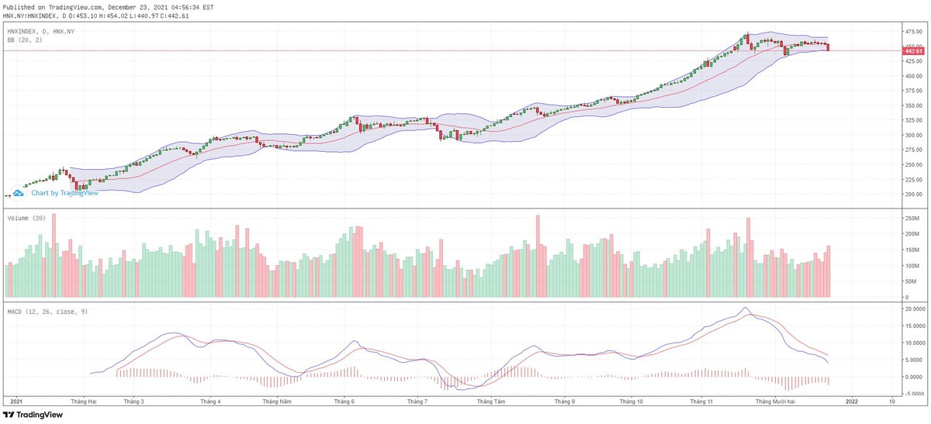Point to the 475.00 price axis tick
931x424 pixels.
pos(912,32)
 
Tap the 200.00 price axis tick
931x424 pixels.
pos(912,195)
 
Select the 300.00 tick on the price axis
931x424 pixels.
pos(912,136)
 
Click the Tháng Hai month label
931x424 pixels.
pos(84,402)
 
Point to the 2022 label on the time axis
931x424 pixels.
pos(851,402)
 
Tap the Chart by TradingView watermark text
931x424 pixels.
pos(64,193)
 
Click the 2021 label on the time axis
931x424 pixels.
pos(16,402)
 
